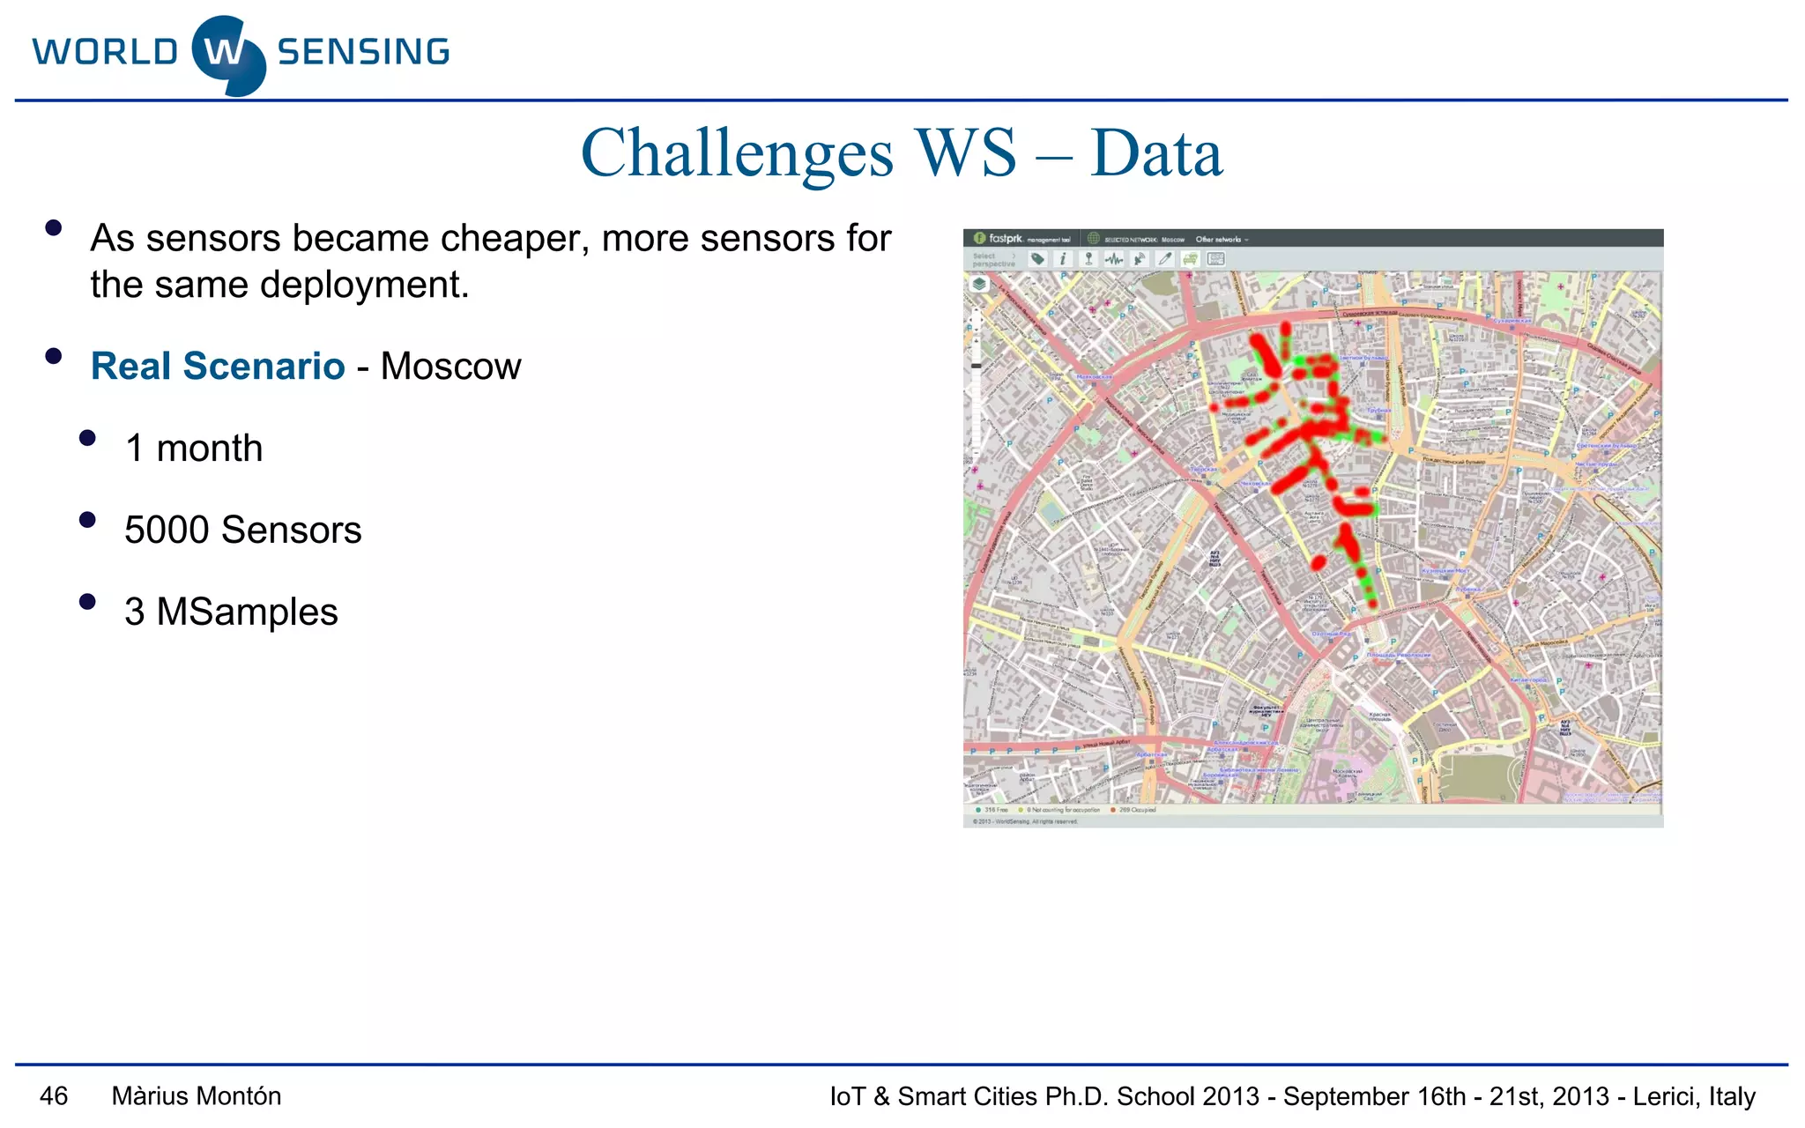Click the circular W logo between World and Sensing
227,55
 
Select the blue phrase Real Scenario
218,367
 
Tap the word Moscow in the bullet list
450,367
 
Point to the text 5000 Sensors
242,531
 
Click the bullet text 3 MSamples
231,612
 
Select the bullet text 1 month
194,449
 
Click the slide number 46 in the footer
54,1096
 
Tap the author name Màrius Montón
197,1096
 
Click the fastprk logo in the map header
999,239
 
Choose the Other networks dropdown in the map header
1222,240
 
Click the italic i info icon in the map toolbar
1063,259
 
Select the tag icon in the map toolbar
1037,259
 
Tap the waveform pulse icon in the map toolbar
1114,259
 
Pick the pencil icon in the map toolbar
1165,259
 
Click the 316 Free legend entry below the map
992,810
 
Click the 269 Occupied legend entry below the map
1134,810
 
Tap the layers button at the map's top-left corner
979,285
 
